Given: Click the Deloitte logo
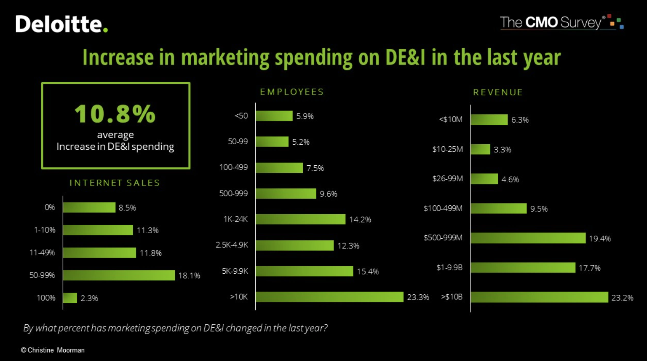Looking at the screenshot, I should (x=61, y=24).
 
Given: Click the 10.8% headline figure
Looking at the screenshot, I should (x=115, y=114).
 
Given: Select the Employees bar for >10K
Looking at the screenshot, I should (x=329, y=297).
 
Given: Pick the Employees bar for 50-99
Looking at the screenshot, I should (x=272, y=142).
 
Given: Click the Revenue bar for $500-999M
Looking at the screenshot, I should (x=528, y=238).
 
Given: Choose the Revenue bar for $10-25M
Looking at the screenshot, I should (x=481, y=149).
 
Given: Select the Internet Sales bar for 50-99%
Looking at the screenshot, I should (x=119, y=275).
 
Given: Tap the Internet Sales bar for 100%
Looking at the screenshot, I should (x=70, y=298).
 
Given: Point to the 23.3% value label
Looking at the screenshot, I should (x=418, y=297).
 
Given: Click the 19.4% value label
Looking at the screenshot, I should (x=600, y=239).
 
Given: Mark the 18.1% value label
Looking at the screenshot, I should (x=189, y=276).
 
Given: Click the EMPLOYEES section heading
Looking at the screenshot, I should (x=292, y=92).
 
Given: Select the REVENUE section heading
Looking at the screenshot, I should (x=498, y=92).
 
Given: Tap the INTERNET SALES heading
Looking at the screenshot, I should (x=115, y=183).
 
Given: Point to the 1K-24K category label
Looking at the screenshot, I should (x=235, y=219).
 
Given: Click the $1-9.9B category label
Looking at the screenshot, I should (x=449, y=268).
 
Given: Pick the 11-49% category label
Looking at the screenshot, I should (x=42, y=253).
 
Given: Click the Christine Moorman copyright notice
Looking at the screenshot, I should (x=53, y=350).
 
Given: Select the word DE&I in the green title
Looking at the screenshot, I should (x=405, y=57).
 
